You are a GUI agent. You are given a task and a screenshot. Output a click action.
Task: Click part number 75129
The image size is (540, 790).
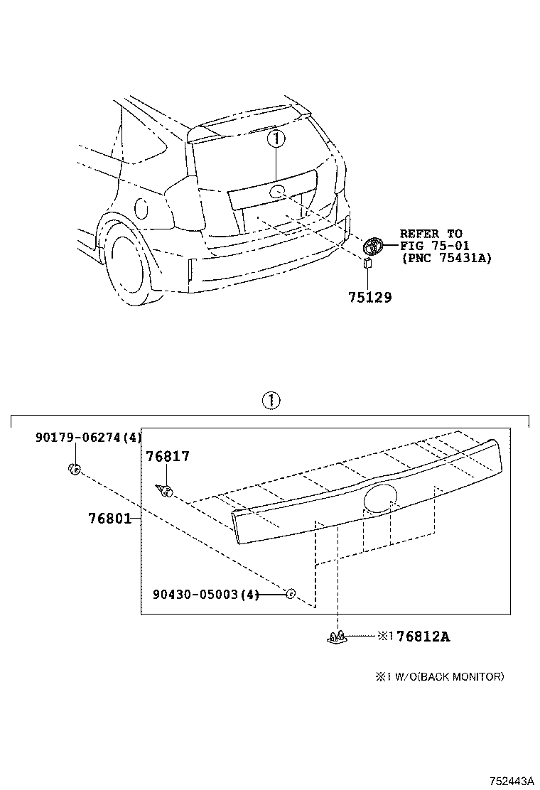370,298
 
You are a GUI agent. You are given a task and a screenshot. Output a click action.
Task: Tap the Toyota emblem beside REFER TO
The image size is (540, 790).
373,246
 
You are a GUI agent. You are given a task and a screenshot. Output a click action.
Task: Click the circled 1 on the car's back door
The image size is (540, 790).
276,139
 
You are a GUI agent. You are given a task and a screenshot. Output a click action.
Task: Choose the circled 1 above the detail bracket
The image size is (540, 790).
271,401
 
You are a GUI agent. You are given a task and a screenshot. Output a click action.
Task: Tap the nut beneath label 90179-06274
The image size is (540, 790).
74,469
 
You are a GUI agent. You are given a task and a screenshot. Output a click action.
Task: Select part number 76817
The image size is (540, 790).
168,457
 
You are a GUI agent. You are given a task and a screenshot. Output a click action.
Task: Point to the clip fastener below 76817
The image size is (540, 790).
166,491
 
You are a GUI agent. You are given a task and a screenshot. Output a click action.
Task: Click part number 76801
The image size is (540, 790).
110,519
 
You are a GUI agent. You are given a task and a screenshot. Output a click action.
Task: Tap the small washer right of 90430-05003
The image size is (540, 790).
290,593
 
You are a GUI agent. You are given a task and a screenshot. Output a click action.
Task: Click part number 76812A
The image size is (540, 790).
423,637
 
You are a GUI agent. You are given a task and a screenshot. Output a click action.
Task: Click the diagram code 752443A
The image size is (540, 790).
511,781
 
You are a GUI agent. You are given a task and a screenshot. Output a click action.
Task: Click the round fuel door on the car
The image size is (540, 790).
141,208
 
